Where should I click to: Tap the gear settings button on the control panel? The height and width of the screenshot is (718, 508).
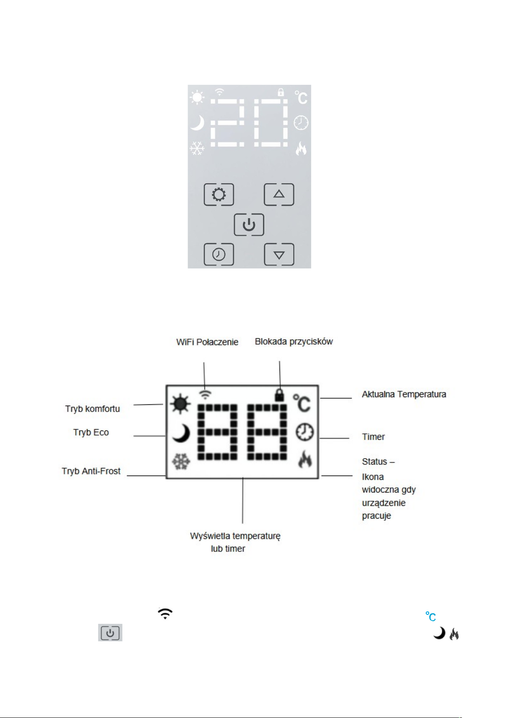pyautogui.click(x=219, y=194)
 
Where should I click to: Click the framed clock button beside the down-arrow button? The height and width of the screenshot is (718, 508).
pyautogui.click(x=219, y=254)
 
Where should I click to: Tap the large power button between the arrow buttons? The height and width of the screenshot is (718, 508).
pyautogui.click(x=249, y=225)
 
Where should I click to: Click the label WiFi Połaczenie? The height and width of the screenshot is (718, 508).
pyautogui.click(x=207, y=342)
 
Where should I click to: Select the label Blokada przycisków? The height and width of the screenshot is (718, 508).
pyautogui.click(x=294, y=342)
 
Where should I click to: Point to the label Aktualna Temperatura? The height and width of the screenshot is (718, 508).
pyautogui.click(x=404, y=394)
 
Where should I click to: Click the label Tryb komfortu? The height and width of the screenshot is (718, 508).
pyautogui.click(x=92, y=409)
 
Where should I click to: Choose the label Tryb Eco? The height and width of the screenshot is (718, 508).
pyautogui.click(x=91, y=433)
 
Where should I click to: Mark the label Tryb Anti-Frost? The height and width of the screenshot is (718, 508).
pyautogui.click(x=91, y=471)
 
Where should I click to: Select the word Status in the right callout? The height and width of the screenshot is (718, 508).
pyautogui.click(x=374, y=461)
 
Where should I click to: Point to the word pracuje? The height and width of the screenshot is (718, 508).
pyautogui.click(x=376, y=516)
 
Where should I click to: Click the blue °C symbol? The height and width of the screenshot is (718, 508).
pyautogui.click(x=430, y=617)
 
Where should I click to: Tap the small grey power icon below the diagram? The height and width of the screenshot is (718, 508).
pyautogui.click(x=110, y=633)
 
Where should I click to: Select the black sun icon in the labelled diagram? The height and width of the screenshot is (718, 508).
pyautogui.click(x=180, y=404)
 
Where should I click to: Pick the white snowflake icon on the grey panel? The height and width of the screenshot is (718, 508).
pyautogui.click(x=197, y=148)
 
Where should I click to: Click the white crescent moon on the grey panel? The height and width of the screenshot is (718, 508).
pyautogui.click(x=197, y=123)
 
